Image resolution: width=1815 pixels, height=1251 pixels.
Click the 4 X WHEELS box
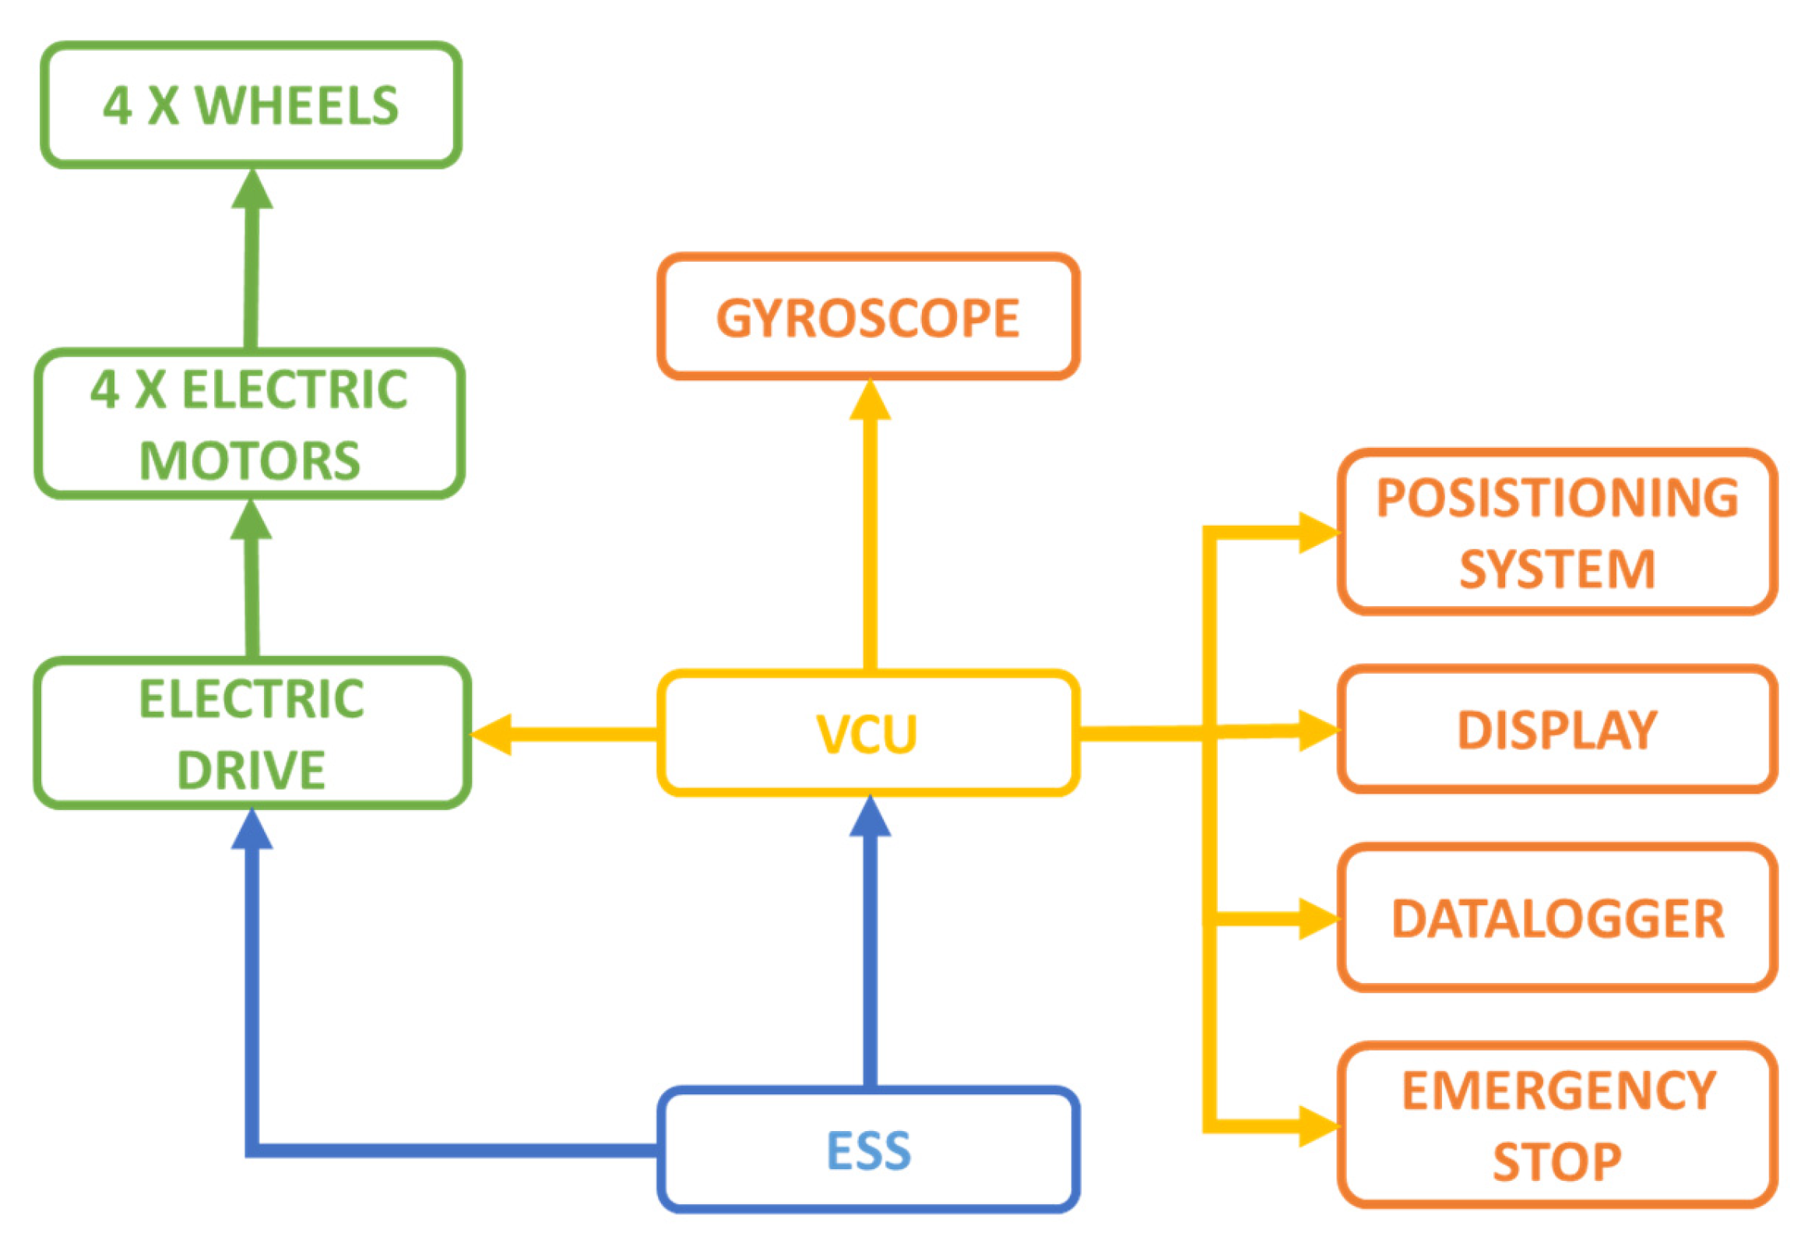tap(251, 105)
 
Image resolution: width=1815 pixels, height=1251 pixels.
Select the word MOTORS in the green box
tap(249, 461)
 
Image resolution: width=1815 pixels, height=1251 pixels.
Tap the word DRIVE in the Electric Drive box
tap(251, 770)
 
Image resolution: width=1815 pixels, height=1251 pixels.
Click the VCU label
tap(867, 735)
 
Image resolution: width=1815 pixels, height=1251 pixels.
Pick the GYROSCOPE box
tap(868, 318)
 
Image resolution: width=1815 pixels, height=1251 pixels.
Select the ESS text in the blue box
tap(869, 1151)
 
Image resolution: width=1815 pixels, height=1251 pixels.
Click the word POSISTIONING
tap(1557, 498)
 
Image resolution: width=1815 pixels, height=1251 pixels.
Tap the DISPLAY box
tap(1557, 730)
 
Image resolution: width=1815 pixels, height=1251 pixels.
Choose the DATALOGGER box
tap(1557, 918)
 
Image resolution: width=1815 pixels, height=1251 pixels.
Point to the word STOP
tap(1556, 1161)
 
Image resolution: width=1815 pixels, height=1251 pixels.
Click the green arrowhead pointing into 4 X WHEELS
tap(252, 191)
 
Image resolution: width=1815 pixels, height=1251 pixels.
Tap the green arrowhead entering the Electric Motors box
tap(251, 520)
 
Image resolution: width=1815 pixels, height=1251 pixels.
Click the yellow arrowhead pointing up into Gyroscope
tap(870, 400)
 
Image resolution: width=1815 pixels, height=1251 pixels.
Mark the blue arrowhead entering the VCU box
tap(870, 818)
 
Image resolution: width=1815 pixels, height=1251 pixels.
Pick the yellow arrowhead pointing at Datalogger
tap(1317, 918)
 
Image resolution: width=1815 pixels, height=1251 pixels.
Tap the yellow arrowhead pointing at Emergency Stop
tap(1317, 1126)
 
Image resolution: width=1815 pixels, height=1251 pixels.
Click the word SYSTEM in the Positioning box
tap(1557, 569)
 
